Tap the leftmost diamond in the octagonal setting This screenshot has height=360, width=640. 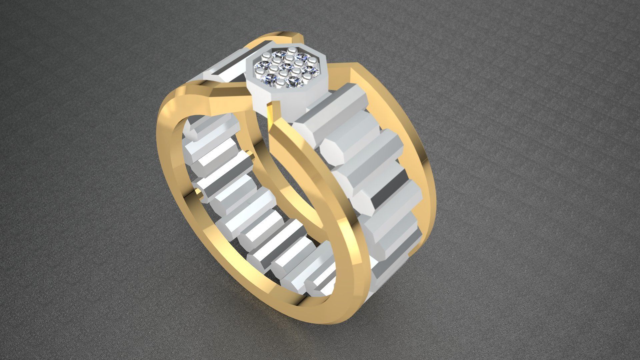click(x=260, y=65)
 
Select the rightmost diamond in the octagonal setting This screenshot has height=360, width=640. click(x=312, y=69)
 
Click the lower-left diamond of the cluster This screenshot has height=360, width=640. click(x=269, y=78)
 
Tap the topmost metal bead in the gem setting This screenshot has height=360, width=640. click(x=292, y=50)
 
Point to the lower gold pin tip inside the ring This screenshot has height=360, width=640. click(x=200, y=192)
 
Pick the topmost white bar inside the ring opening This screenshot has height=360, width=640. click(x=213, y=127)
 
